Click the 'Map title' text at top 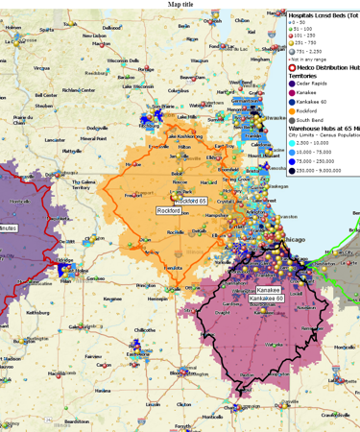(x=180, y=4)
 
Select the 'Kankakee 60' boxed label (x=266, y=299)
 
